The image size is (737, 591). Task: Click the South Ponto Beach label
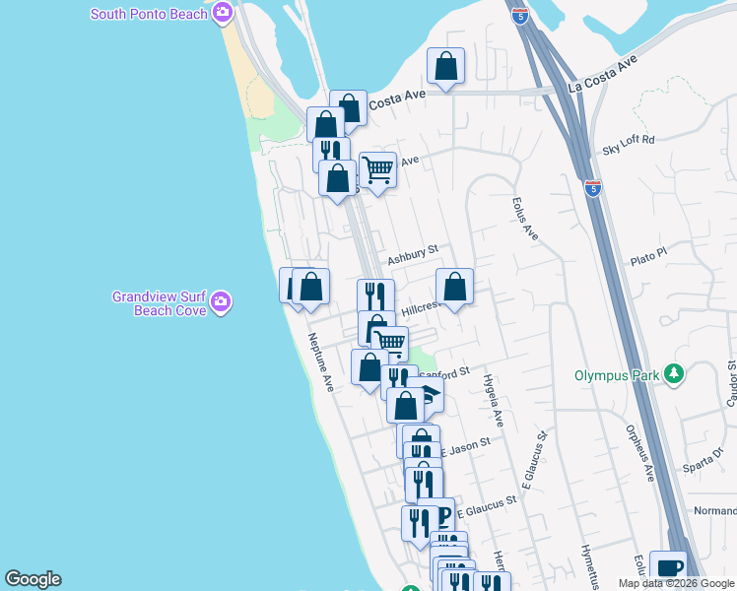[x=149, y=14]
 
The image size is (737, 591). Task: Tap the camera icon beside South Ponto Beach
[x=223, y=14]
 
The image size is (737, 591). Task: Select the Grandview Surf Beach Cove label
[x=159, y=302]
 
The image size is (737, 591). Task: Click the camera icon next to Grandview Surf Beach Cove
[x=221, y=302]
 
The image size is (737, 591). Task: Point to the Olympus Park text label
[x=618, y=375]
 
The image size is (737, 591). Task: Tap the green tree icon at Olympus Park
[x=675, y=374]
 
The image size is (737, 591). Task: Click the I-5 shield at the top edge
[x=520, y=15]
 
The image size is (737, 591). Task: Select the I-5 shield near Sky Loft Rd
[x=592, y=187]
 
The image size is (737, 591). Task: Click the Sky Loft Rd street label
[x=629, y=140]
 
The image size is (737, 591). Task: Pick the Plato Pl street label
[x=649, y=255]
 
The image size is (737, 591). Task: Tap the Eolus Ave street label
[x=525, y=219]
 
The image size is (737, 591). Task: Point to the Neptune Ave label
[x=322, y=362]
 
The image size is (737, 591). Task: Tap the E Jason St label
[x=464, y=447]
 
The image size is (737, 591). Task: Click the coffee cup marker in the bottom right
[x=668, y=567]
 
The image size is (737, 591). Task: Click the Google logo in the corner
[x=33, y=579]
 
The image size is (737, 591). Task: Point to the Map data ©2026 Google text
[x=676, y=583]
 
